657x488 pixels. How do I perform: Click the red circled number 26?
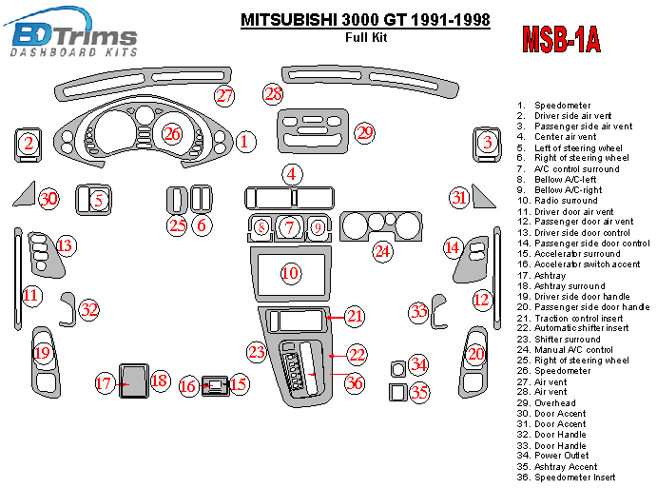[172, 134]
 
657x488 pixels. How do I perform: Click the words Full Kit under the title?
[366, 37]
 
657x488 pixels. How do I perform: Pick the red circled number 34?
[418, 364]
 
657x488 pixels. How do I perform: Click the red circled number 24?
[382, 251]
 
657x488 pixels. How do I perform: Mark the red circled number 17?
[105, 383]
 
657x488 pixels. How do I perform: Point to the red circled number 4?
[293, 173]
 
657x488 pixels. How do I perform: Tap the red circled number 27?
[223, 95]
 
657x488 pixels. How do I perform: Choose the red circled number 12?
[482, 301]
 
